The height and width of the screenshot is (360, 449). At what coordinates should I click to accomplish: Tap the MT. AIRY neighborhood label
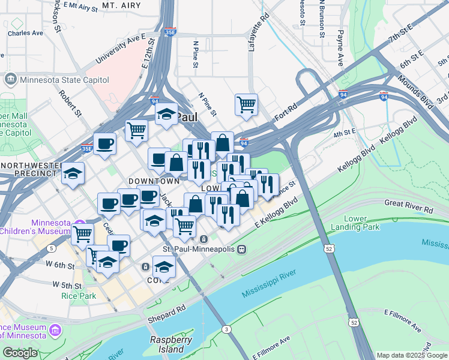click(122, 5)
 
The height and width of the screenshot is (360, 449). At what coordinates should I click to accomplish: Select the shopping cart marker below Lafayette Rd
click(246, 105)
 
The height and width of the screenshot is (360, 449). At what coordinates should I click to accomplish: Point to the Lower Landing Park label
click(363, 223)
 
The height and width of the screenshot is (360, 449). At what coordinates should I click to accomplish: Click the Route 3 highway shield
click(226, 329)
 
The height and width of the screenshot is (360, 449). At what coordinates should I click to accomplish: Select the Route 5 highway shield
click(52, 248)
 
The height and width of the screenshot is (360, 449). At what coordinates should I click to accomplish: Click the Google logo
click(20, 353)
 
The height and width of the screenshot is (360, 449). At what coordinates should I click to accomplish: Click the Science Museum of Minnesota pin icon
click(56, 331)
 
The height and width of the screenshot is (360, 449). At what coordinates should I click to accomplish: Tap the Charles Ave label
click(25, 34)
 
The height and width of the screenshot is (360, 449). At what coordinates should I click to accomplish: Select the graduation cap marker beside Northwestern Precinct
click(73, 174)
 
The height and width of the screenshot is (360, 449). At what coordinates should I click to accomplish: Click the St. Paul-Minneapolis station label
click(199, 249)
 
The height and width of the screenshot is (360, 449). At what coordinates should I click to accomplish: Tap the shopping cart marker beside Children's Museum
click(82, 235)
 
